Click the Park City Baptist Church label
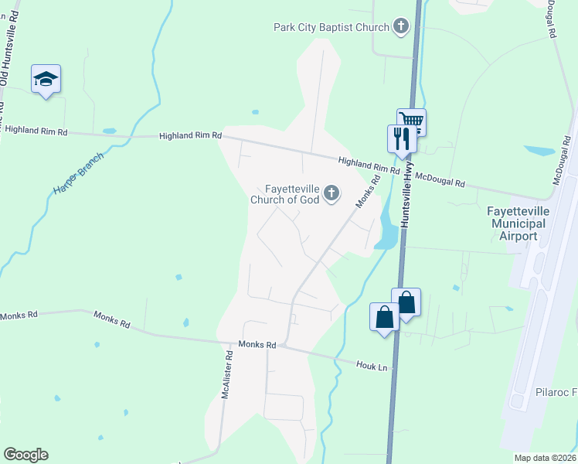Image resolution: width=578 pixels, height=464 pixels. tap(331, 28)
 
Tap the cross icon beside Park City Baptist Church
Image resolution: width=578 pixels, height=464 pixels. tap(400, 28)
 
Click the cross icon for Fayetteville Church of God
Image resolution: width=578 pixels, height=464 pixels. tap(331, 193)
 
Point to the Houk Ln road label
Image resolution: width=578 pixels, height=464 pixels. tap(371, 365)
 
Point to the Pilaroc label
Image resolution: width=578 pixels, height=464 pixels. tap(555, 393)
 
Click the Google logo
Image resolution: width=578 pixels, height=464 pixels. tap(25, 455)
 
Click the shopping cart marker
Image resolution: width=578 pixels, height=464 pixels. tap(411, 121)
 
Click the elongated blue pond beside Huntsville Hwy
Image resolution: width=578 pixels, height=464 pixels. tap(386, 232)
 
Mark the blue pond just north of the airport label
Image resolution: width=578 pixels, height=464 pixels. tap(539, 151)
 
